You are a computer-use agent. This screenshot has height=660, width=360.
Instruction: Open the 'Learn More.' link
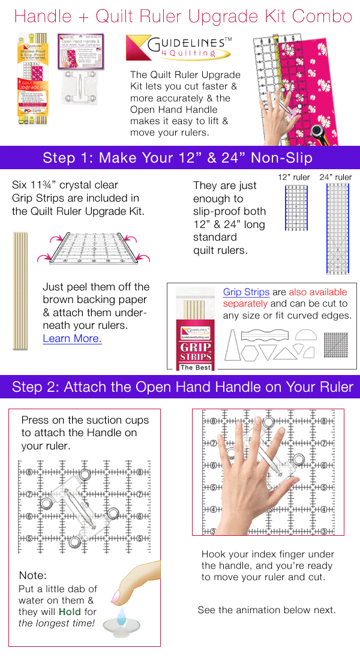tap(72, 338)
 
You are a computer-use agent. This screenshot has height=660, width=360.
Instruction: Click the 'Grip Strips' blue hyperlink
tap(246, 292)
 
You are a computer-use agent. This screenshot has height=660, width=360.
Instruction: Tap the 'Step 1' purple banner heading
tap(179, 158)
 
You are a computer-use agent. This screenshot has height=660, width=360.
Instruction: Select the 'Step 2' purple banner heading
tap(179, 387)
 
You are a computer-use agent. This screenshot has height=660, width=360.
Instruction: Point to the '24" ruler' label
tap(335, 177)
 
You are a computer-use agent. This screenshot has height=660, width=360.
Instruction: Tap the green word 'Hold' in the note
tap(70, 612)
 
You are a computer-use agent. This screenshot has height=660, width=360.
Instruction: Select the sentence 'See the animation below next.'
tap(266, 610)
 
